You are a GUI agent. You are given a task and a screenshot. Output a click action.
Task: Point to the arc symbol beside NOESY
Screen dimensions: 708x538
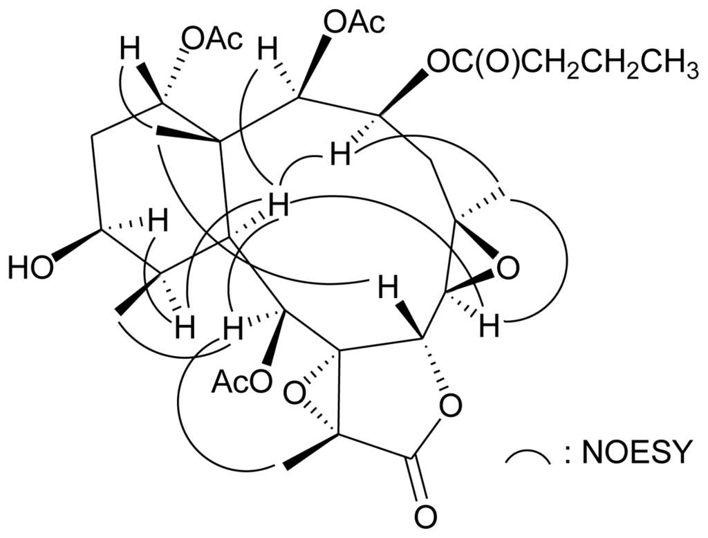point(528,456)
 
